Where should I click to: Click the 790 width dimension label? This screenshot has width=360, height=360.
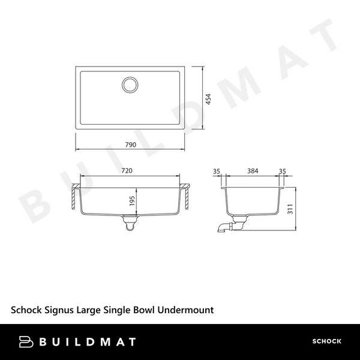tap(131, 145)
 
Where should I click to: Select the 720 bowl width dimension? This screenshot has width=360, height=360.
tap(127, 171)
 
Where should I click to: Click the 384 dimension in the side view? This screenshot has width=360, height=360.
tap(253, 171)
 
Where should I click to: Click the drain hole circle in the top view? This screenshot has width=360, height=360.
tap(130, 85)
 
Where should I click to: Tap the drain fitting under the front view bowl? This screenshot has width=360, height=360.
tap(130, 224)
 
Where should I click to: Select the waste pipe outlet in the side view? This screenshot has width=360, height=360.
tap(224, 227)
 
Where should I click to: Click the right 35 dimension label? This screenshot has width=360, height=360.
tap(282, 171)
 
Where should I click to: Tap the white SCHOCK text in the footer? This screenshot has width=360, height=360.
tap(326, 341)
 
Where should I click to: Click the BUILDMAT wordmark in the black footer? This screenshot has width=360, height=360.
tap(88, 341)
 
